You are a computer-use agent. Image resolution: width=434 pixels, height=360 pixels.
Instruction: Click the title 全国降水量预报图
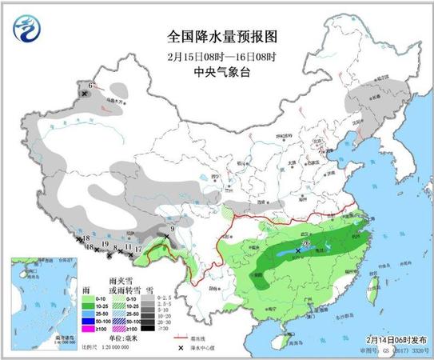point(217,37)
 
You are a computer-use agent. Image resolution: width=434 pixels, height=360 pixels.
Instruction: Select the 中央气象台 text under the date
point(217,70)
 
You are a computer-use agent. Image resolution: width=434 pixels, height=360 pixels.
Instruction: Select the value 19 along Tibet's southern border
point(106,244)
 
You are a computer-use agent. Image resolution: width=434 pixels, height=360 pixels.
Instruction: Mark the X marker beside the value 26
point(298,251)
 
